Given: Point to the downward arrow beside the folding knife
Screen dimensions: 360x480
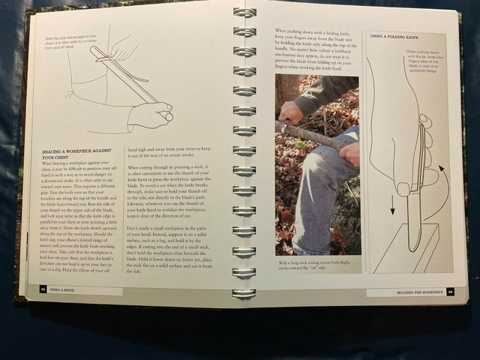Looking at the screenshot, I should (391, 202).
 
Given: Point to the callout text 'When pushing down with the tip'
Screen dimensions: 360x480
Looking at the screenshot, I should (425, 61).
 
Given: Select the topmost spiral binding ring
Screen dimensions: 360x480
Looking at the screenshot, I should (244, 13).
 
